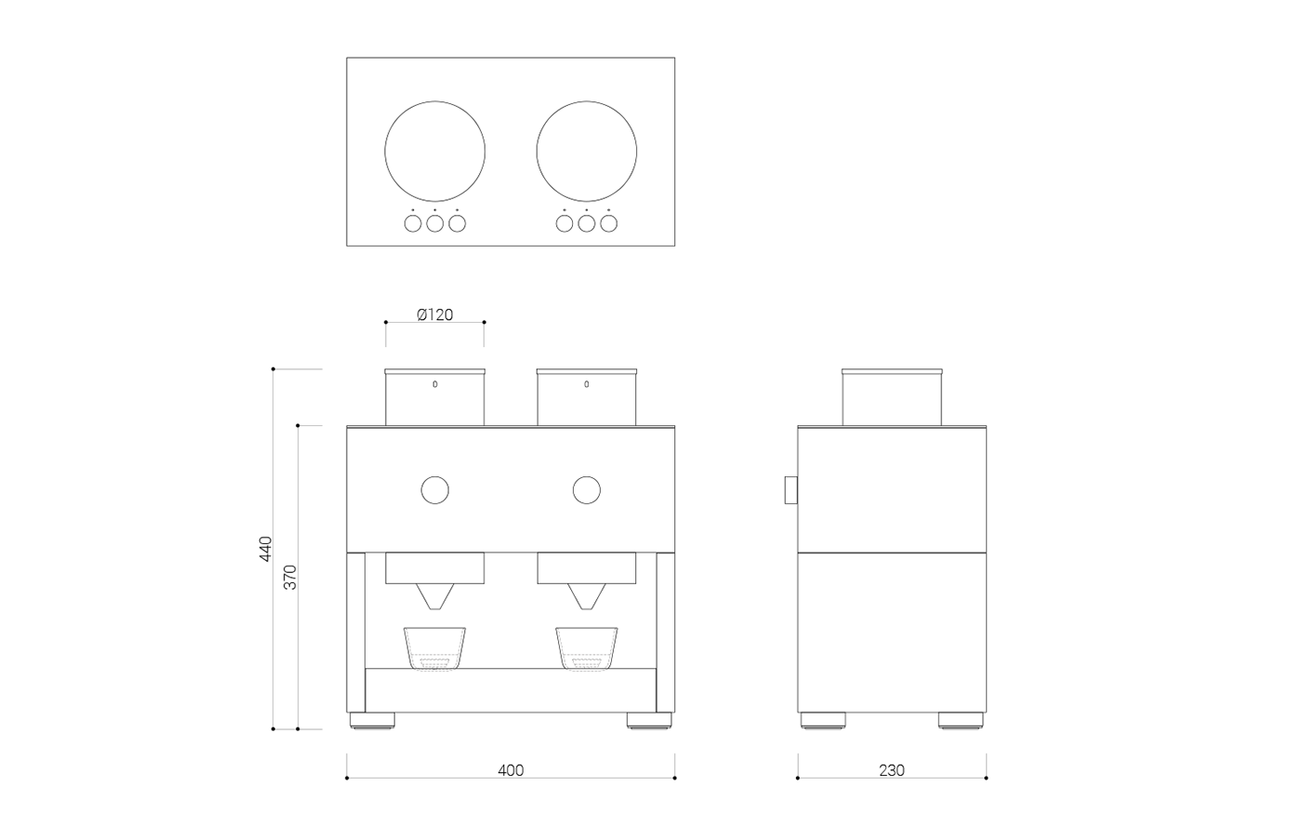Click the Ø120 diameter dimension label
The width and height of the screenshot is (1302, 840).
pos(435,314)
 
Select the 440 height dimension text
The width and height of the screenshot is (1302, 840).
pos(266,549)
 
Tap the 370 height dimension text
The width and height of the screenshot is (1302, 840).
pos(290,578)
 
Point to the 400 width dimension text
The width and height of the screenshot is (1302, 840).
pos(511,770)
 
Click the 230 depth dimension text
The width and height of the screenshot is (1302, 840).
pos(891,770)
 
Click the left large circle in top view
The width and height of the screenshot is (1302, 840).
pos(434,151)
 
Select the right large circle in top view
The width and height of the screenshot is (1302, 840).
pos(587,151)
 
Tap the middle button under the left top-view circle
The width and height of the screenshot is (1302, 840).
pos(434,223)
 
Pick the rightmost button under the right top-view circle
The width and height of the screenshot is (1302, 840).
pos(608,223)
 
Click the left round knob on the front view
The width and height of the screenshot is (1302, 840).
pos(434,489)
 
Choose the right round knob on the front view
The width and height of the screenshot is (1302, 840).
pos(587,489)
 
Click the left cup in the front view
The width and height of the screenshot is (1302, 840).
pos(434,647)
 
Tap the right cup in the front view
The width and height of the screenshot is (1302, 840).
pos(587,647)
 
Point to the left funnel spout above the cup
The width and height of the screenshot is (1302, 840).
pos(434,596)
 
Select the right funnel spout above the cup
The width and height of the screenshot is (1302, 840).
pos(587,596)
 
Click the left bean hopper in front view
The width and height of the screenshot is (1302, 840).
pos(434,398)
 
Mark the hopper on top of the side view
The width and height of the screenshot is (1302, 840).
pos(892,398)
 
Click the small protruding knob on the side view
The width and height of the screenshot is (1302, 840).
pos(790,489)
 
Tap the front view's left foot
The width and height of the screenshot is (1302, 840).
pos(372,720)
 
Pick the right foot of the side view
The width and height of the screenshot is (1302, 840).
pos(961,720)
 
